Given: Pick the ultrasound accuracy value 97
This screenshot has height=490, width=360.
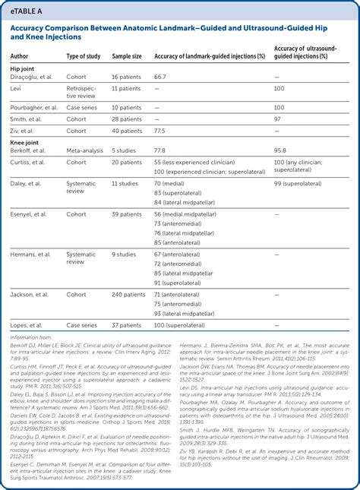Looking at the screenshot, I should [277, 119].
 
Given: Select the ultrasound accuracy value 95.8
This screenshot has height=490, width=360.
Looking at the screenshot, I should [279, 150].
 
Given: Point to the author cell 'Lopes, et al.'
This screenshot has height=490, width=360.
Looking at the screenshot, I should [28, 324].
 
